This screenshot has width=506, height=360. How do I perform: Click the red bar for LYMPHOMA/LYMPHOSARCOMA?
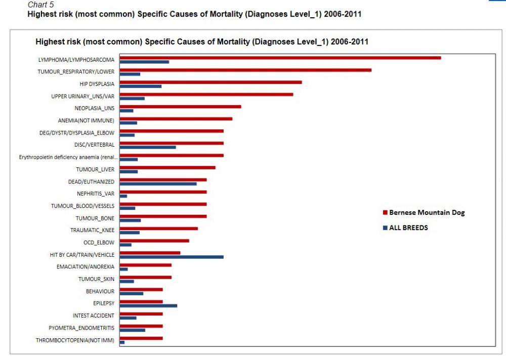pos(280,58)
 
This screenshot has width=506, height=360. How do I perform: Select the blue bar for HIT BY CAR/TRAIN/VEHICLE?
pos(171,257)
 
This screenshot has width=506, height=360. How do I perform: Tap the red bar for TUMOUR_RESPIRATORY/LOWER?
pos(245,70)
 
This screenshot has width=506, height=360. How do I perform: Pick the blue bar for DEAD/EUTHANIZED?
pos(158,184)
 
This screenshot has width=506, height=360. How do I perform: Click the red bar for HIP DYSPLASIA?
pos(210,82)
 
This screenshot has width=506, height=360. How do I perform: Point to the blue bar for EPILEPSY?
pos(148,305)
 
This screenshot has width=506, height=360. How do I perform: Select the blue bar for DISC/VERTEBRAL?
pos(148,147)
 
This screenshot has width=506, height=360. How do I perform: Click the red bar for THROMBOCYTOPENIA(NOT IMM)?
pos(141,338)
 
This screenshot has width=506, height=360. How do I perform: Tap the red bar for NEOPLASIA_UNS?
pos(180,106)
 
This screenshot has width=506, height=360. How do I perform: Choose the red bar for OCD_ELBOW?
pos(154,241)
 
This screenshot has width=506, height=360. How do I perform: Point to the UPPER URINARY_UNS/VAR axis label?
pos(83,96)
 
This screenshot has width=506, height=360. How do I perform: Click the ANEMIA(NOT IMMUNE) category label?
pos(86,120)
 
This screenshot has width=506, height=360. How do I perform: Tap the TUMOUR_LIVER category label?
pos(95,169)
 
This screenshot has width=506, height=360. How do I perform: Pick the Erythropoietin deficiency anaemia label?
pos(68,157)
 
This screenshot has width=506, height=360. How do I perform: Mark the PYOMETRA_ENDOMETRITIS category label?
pos(81,328)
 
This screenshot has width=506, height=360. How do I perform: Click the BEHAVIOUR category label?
pos(100,291)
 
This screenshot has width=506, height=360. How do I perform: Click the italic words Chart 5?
pos(40,5)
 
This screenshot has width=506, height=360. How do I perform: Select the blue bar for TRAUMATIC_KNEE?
pos(130,233)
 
